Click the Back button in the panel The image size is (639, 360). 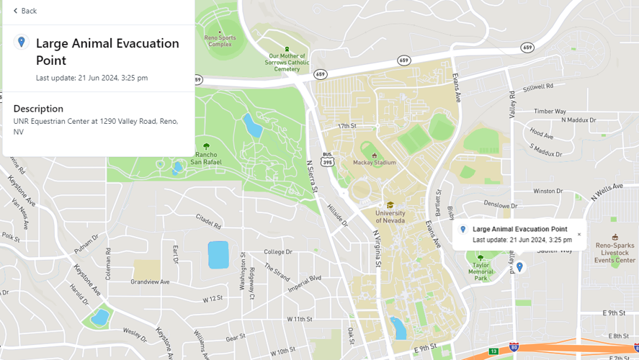[25, 11]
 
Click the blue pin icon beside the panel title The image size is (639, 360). [22, 42]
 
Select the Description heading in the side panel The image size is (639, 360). [38, 109]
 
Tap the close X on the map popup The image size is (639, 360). [578, 235]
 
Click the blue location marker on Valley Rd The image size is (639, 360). [519, 267]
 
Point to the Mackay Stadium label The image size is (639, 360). [374, 162]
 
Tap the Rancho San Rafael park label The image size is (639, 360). [206, 158]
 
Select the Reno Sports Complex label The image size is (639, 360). [220, 41]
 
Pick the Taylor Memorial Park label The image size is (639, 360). [481, 270]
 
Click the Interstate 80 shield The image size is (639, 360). [514, 348]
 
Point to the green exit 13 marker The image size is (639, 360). [493, 351]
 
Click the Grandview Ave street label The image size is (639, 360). [150, 282]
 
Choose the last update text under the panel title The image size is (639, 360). [91, 78]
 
